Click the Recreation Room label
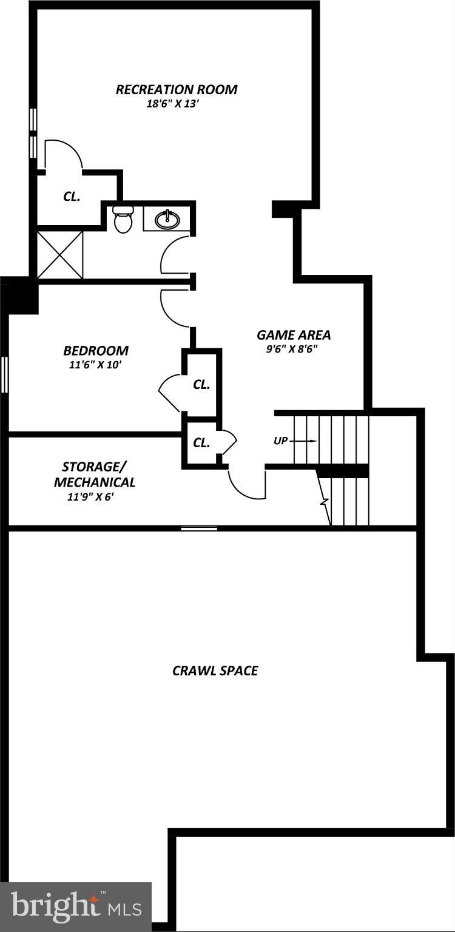[x=177, y=90]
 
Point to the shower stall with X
[x=60, y=255]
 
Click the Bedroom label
[x=96, y=351]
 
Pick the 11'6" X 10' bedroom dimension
[x=96, y=365]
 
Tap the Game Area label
[x=294, y=335]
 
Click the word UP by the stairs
[x=280, y=441]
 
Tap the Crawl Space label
[x=215, y=670]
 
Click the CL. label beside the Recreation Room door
[x=72, y=197]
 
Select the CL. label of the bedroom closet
[x=201, y=385]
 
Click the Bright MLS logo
[x=76, y=907]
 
